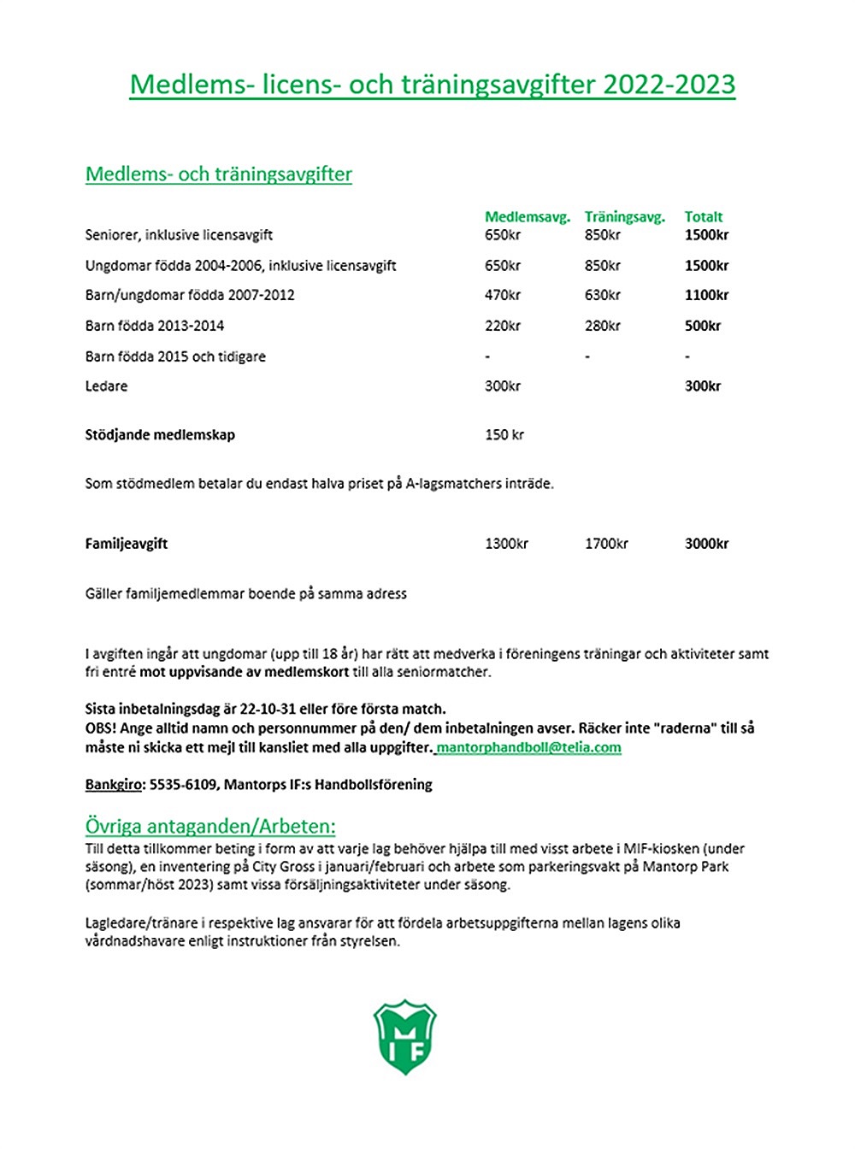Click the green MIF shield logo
click(x=405, y=1037)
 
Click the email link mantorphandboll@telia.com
click(x=528, y=747)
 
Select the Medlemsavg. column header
click(x=527, y=217)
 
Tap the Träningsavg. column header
click(x=624, y=217)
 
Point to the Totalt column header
click(x=704, y=217)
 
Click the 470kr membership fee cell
click(x=503, y=295)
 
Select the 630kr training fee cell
click(x=603, y=295)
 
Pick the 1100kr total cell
click(x=706, y=295)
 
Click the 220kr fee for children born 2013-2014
click(x=503, y=326)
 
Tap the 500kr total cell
click(x=703, y=326)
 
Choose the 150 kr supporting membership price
click(x=504, y=434)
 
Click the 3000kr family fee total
click(x=706, y=544)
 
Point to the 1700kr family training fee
click(x=606, y=544)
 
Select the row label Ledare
click(x=106, y=386)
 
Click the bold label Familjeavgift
click(x=127, y=544)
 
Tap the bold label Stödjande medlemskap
click(x=160, y=434)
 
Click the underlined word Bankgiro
click(x=114, y=784)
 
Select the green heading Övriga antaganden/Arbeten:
click(x=210, y=827)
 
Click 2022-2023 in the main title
click(x=669, y=84)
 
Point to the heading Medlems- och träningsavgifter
click(x=219, y=174)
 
